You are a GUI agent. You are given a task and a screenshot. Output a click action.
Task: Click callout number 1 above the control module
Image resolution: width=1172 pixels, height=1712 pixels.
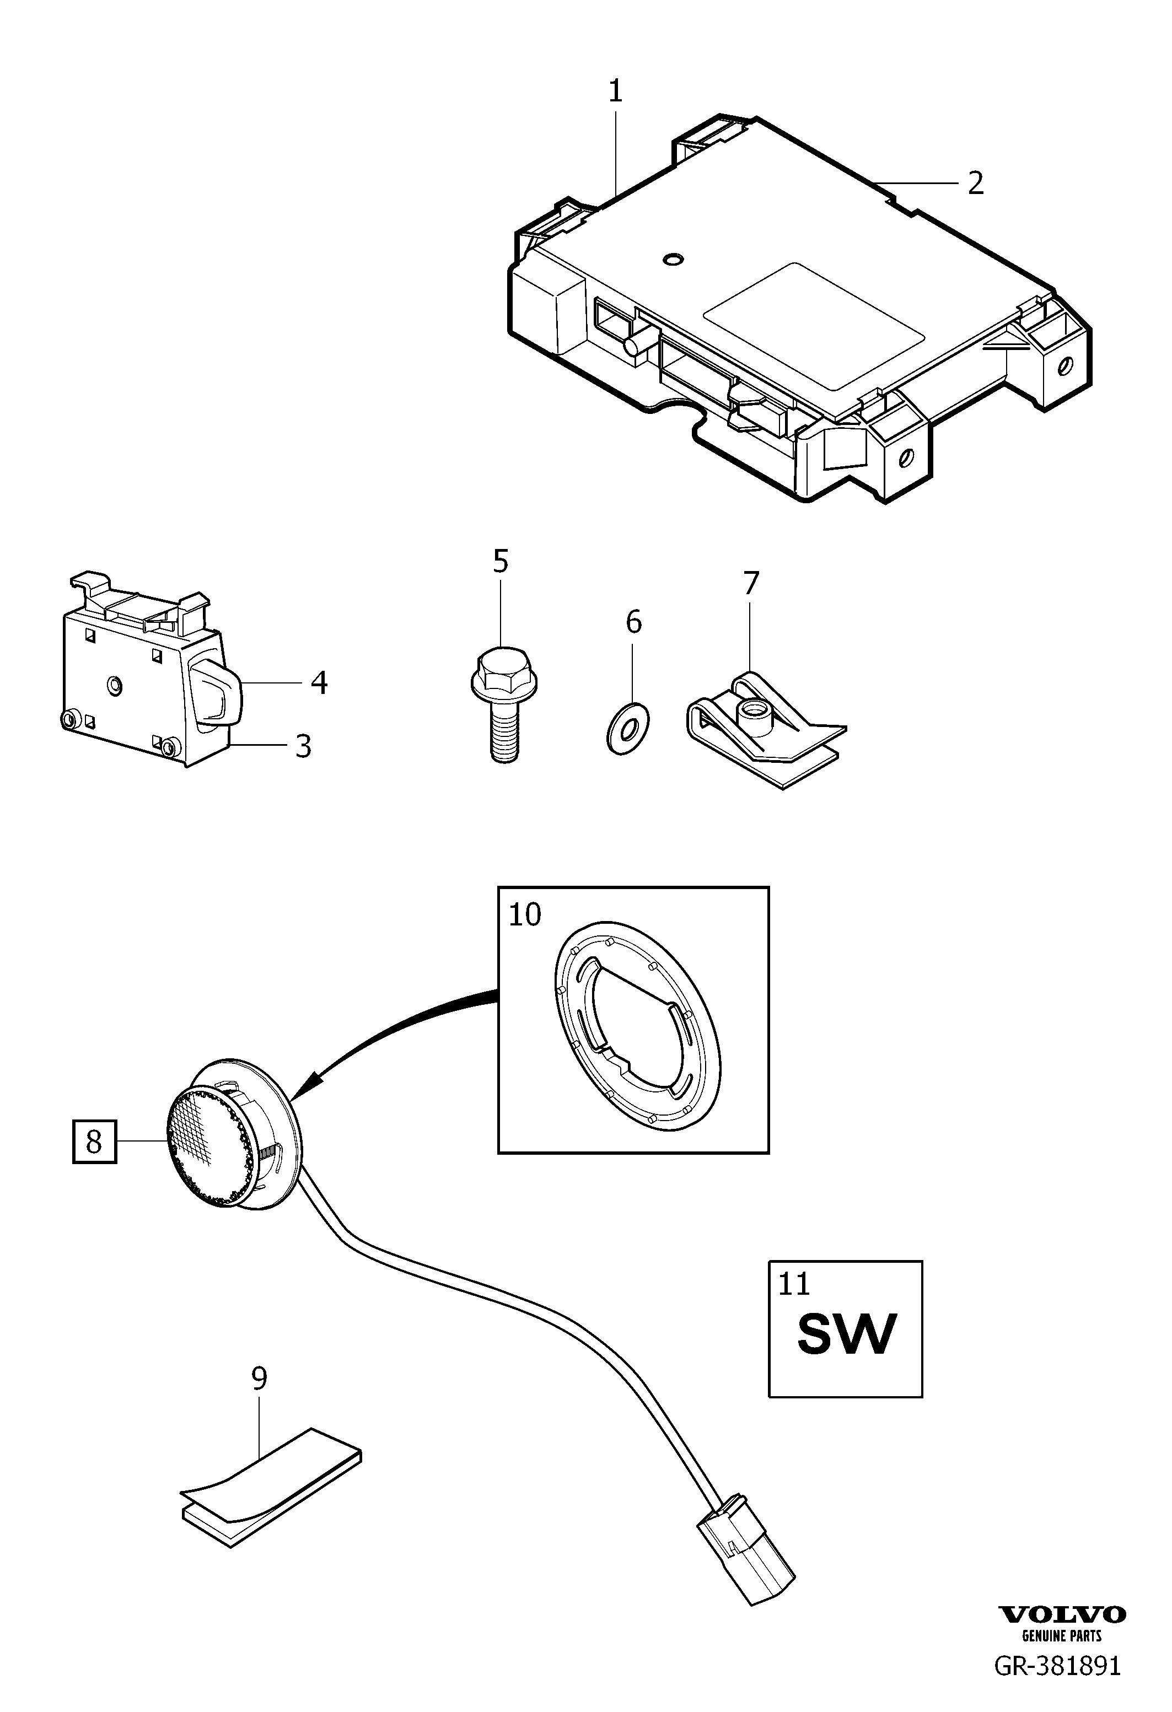pos(615,91)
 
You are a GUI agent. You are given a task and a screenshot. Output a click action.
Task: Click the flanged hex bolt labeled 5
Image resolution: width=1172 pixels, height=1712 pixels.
pos(503,703)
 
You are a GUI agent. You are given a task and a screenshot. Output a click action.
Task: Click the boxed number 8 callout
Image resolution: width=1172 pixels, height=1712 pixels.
pos(94,1142)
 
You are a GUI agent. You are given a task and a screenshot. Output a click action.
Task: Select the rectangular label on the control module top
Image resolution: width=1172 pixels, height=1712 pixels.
pos(814,326)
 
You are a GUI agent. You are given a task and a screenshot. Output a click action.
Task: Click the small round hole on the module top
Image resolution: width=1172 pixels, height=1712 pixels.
pos(672,259)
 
